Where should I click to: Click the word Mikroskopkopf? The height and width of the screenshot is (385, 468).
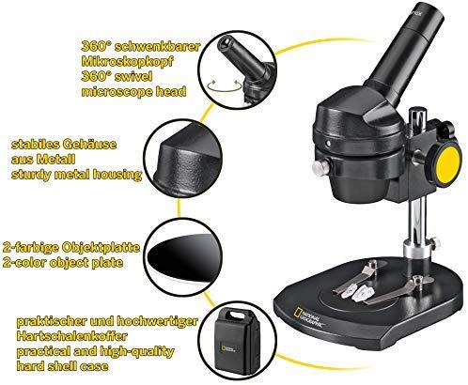pyautogui.click(x=127, y=62)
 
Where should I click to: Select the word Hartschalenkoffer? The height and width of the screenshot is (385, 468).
pyautogui.click(x=72, y=336)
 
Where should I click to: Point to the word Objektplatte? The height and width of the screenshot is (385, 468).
pyautogui.click(x=101, y=248)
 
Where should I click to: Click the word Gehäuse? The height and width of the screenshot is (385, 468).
pyautogui.click(x=89, y=145)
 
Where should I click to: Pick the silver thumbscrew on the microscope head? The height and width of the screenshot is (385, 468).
pyautogui.click(x=320, y=167)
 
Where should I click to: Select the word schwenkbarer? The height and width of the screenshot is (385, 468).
pyautogui.click(x=157, y=47)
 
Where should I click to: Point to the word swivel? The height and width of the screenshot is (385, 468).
pyautogui.click(x=133, y=77)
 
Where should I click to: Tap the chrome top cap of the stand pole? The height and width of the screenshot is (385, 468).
pyautogui.click(x=418, y=115)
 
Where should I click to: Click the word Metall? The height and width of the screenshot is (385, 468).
pyautogui.click(x=55, y=160)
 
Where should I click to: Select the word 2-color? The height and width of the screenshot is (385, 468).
pyautogui.click(x=23, y=262)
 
